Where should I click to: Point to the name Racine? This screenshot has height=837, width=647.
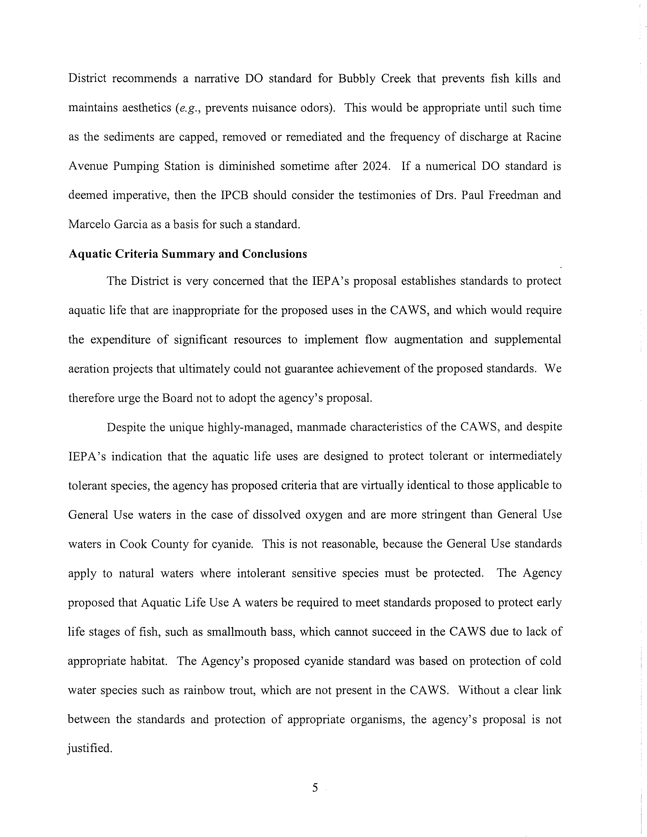[543, 137]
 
